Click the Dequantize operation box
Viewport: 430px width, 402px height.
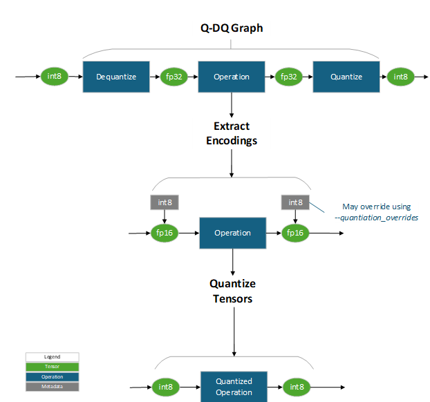(116, 77)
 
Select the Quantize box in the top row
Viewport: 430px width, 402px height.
(346, 77)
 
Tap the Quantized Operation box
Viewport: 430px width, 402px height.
(234, 386)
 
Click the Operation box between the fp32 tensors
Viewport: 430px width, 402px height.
(232, 77)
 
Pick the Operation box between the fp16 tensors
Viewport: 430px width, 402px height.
(232, 233)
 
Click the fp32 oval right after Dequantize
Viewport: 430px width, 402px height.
(174, 77)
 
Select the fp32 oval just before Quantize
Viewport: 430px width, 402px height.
(289, 77)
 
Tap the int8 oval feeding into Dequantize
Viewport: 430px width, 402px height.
(55, 77)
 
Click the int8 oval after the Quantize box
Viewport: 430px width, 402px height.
(400, 77)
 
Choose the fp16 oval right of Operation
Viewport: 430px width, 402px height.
(295, 233)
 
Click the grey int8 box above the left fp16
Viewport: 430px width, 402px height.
(165, 202)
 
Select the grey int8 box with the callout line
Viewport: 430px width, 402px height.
(295, 202)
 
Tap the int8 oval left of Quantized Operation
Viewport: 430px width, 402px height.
(165, 387)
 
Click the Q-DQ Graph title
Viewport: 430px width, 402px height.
(232, 28)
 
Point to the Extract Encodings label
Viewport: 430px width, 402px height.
(232, 133)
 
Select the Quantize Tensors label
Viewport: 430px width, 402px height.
(233, 291)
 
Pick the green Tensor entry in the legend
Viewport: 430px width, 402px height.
(53, 367)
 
